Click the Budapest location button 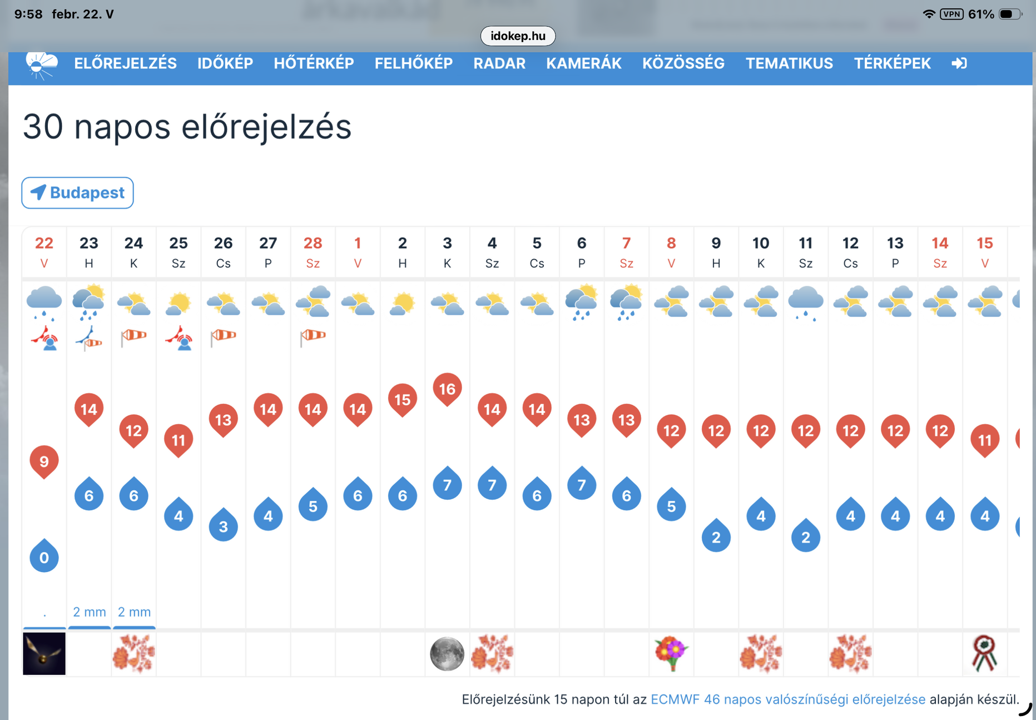(x=77, y=193)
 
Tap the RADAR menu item (x=499, y=63)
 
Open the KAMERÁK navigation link (x=583, y=63)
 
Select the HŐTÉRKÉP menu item (x=314, y=63)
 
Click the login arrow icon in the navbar (x=959, y=63)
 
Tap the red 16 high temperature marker (x=447, y=389)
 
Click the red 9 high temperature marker (x=44, y=462)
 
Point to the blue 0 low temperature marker (x=44, y=556)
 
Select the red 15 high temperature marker (x=403, y=400)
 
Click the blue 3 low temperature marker (x=223, y=525)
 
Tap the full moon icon (x=447, y=654)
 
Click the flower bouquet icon (x=671, y=653)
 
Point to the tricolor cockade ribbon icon (x=984, y=653)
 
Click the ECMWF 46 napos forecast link (x=788, y=699)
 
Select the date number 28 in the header (x=313, y=243)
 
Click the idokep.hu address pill (x=518, y=36)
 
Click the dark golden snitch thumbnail (x=44, y=654)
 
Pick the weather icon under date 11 (x=806, y=303)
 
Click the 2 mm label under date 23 (x=89, y=612)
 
